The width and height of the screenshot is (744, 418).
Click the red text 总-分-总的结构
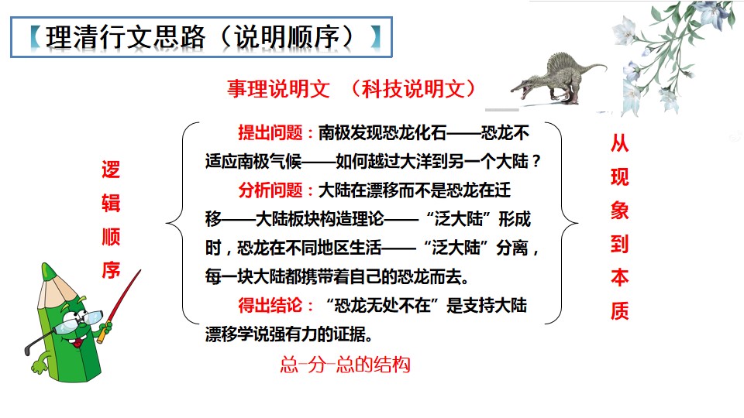pos(344,365)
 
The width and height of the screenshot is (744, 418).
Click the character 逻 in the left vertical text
pos(112,171)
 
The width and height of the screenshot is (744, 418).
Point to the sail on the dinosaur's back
pos(558,61)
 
